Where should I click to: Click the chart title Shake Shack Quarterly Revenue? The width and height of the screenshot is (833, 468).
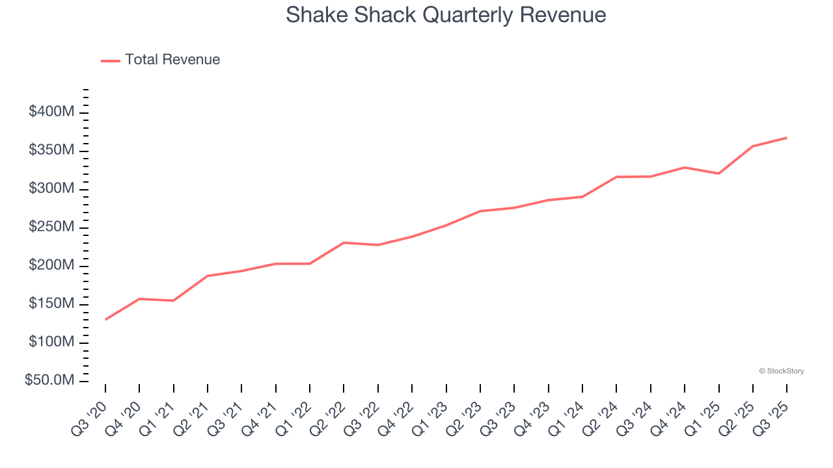446,15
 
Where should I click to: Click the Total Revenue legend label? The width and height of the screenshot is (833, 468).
172,60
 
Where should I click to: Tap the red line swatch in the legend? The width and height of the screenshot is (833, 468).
111,60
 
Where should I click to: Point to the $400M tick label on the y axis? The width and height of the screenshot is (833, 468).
51,112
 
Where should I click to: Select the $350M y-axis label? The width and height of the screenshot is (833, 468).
51,150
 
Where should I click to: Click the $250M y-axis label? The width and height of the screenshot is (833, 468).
51,227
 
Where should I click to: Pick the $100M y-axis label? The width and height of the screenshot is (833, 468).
51,342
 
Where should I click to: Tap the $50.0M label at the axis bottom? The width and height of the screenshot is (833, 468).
49,380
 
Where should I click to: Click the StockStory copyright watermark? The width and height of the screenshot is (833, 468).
781,371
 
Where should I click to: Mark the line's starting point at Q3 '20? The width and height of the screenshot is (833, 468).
105,319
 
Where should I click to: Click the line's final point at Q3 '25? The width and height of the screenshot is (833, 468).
786,138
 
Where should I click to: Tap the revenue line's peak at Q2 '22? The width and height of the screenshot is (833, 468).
344,242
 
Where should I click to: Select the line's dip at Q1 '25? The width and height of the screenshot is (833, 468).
718,174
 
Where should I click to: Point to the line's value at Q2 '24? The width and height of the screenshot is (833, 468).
616,177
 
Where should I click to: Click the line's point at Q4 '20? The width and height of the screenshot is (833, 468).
139,299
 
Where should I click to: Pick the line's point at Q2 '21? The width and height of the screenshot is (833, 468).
208,276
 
